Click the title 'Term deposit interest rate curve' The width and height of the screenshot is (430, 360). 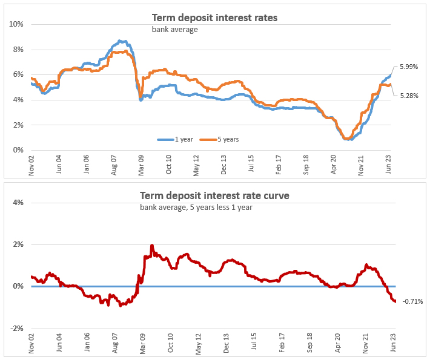pyautogui.click(x=214, y=195)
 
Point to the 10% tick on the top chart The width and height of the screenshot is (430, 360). pyautogui.click(x=16, y=24)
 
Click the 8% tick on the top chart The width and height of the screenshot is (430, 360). pyautogui.click(x=18, y=50)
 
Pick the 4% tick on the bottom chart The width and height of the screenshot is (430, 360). pyautogui.click(x=18, y=203)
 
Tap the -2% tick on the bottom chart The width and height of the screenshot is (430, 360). pyautogui.click(x=16, y=329)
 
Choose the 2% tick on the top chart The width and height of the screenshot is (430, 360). pyautogui.click(x=18, y=125)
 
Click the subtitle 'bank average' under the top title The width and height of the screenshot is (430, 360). pyautogui.click(x=174, y=29)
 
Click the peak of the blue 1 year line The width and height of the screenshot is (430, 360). pyautogui.click(x=121, y=41)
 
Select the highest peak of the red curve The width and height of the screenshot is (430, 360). pyautogui.click(x=151, y=246)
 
